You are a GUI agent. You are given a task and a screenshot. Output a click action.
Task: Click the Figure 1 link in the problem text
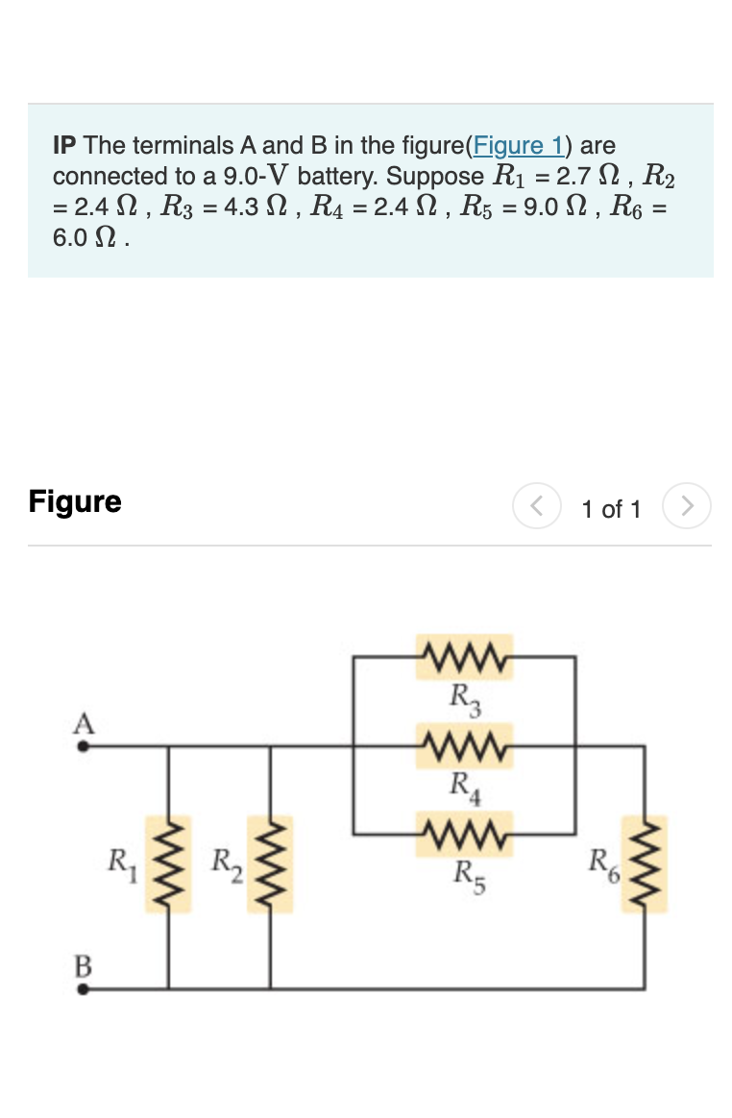520,146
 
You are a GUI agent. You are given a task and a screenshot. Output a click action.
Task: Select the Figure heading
75,501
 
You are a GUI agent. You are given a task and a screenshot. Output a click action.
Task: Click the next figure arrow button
688,506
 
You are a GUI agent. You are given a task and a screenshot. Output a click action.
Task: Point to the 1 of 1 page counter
611,509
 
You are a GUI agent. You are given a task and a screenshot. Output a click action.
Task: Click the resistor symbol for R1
169,863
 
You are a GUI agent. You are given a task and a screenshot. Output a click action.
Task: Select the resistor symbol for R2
270,863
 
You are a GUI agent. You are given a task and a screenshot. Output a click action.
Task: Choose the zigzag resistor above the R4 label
465,744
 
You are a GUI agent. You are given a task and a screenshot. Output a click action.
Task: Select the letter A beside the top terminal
85,722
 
